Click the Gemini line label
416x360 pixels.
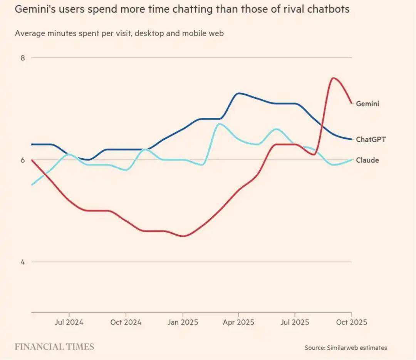pyautogui.click(x=367, y=104)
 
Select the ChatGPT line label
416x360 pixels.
pyautogui.click(x=371, y=139)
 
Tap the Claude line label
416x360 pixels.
pyautogui.click(x=367, y=160)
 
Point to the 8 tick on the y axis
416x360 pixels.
pyautogui.click(x=23, y=58)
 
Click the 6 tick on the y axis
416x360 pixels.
pyautogui.click(x=23, y=160)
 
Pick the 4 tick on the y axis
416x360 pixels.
pyautogui.click(x=23, y=262)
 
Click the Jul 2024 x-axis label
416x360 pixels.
pyautogui.click(x=69, y=322)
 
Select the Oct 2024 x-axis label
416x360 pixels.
pyautogui.click(x=126, y=322)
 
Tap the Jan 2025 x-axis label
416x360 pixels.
pyautogui.click(x=183, y=322)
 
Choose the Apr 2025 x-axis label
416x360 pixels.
pyautogui.click(x=238, y=322)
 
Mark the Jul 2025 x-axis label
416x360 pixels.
pyautogui.click(x=295, y=322)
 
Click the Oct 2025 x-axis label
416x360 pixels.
pyautogui.click(x=351, y=322)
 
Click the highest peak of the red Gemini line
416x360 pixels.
pyautogui.click(x=333, y=78)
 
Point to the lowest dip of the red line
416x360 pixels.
pyautogui.click(x=183, y=236)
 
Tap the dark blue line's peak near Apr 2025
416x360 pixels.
pyautogui.click(x=239, y=93)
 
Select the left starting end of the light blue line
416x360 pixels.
pyautogui.click(x=32, y=185)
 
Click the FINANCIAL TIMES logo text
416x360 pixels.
pyautogui.click(x=54, y=347)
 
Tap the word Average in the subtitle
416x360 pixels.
pyautogui.click(x=30, y=33)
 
